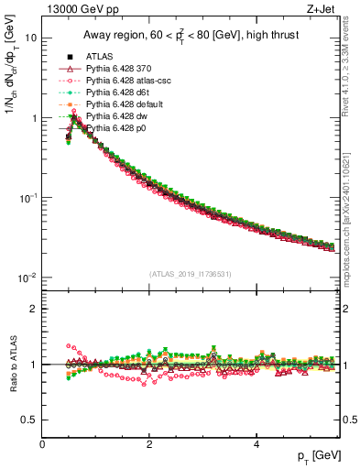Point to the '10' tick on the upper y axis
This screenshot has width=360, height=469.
[31, 38]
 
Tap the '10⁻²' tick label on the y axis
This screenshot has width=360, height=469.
[28, 277]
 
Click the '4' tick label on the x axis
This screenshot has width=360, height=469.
[256, 444]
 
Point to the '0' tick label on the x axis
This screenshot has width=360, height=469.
[43, 444]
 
